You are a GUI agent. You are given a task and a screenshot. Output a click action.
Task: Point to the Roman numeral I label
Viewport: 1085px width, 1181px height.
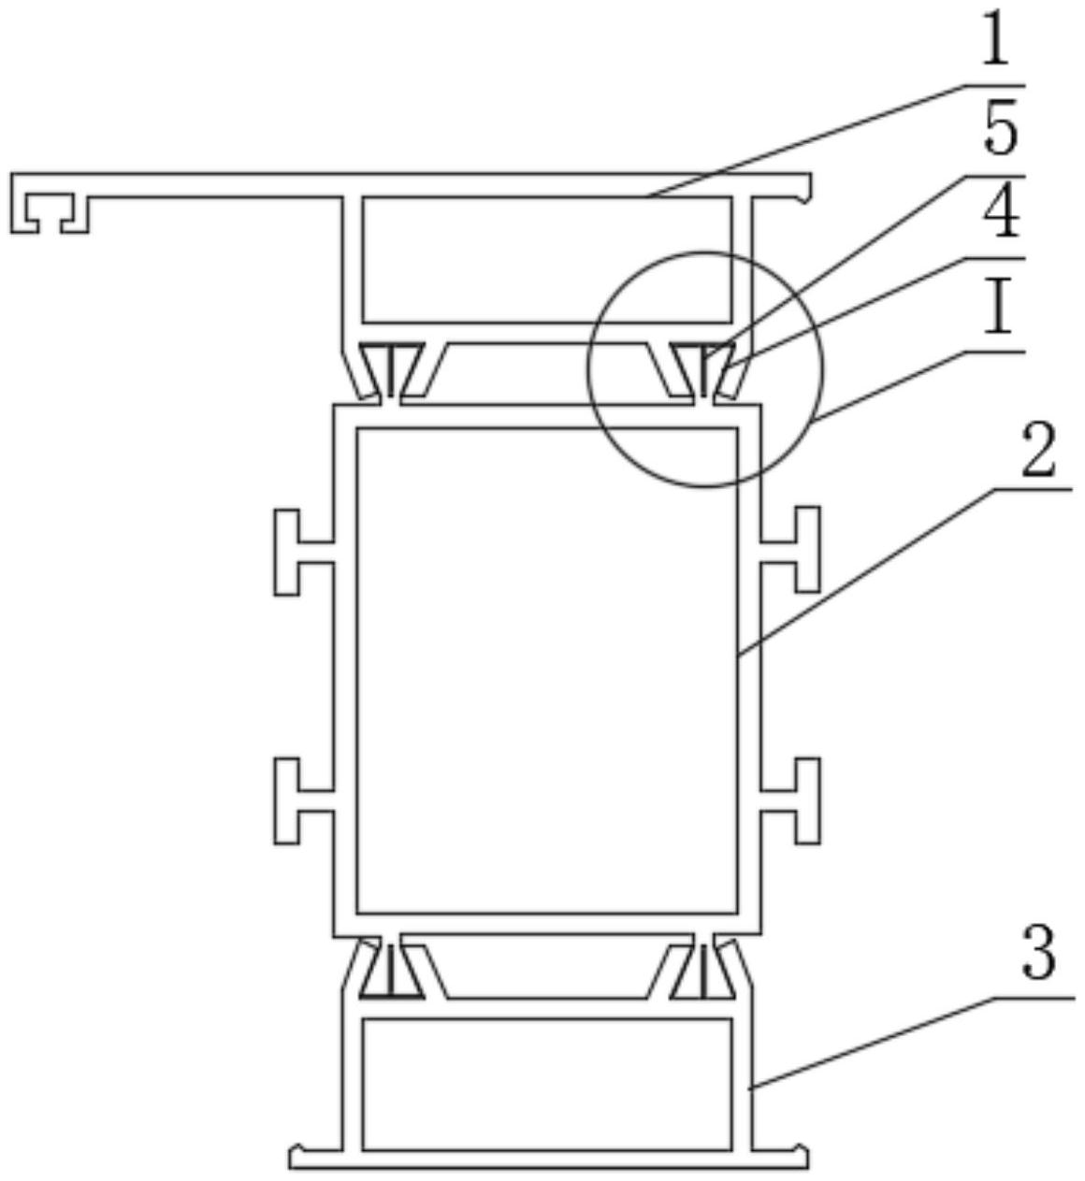tap(1000, 310)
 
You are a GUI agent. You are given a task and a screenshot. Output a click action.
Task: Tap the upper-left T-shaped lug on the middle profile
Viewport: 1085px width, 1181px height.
tap(297, 552)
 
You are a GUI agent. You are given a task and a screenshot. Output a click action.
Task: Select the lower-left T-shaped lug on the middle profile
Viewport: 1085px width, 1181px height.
tap(297, 800)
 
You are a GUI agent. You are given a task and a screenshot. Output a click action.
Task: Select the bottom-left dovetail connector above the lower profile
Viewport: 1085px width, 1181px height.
tap(392, 969)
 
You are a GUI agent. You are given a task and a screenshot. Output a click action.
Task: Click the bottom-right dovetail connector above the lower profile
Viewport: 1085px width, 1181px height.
tap(702, 969)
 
